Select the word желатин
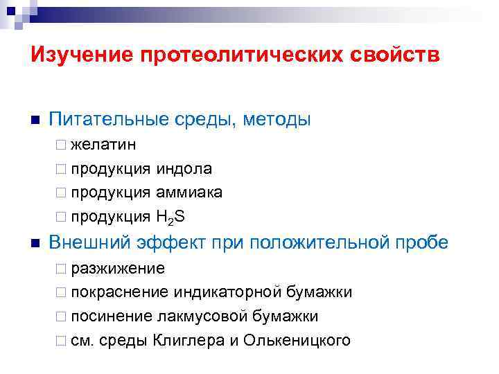tap(103, 146)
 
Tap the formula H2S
tap(170, 217)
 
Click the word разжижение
tap(118, 269)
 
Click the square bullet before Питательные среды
tap(35, 120)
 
